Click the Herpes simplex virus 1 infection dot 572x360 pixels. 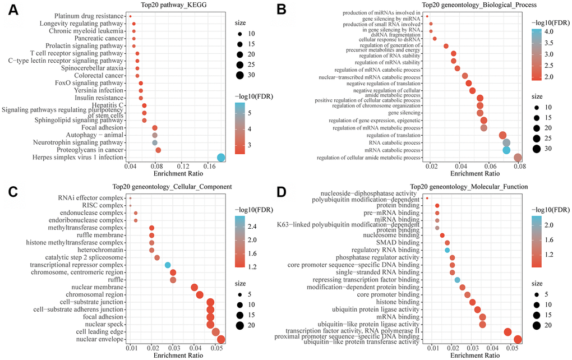(x=221, y=158)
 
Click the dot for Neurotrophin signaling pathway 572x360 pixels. (x=155, y=143)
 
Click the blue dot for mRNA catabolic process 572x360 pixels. (x=506, y=150)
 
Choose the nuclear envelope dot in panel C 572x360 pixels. (x=221, y=339)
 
